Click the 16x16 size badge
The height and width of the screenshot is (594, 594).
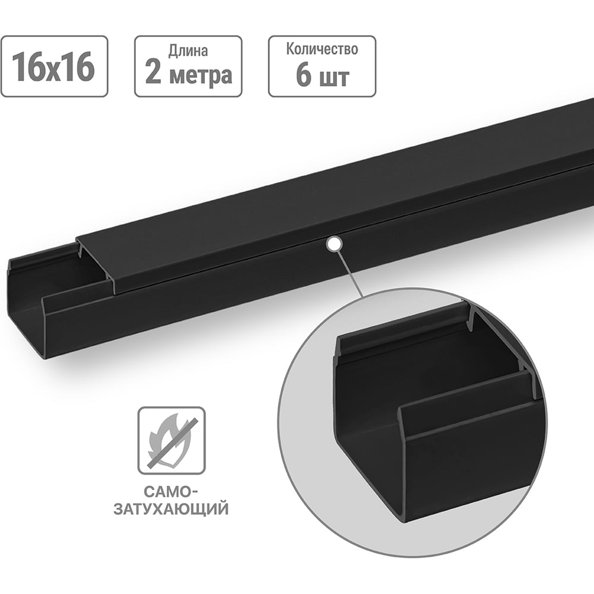click(54, 67)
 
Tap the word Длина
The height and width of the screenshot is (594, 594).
click(188, 50)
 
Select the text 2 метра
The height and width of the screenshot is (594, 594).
click(188, 76)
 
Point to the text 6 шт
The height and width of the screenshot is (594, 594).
click(322, 77)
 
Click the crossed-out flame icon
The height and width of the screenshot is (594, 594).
click(171, 440)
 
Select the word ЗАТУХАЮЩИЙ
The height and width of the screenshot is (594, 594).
click(172, 510)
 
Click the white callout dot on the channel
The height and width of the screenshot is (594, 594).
click(334, 242)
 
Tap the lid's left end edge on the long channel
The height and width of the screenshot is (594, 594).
click(95, 261)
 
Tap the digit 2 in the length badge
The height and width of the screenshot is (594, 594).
click(153, 76)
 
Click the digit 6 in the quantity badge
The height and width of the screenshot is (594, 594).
click(302, 77)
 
